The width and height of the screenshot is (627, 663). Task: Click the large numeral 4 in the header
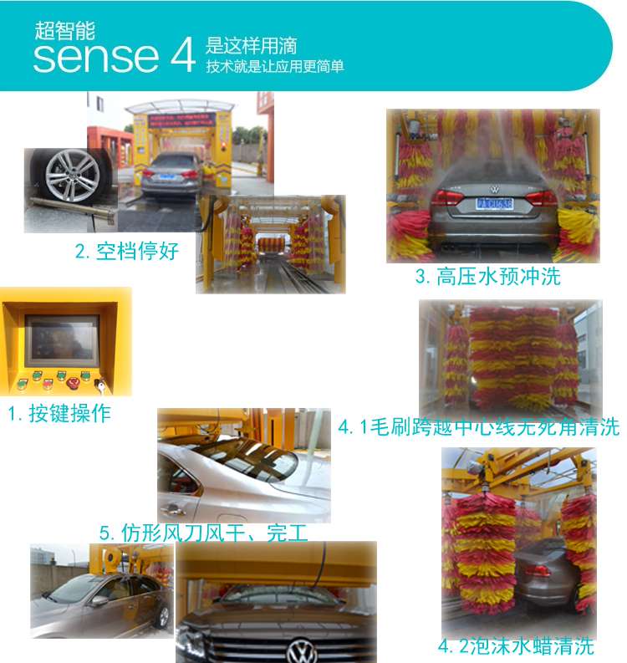pos(183,55)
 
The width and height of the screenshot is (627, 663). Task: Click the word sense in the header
pos(96,57)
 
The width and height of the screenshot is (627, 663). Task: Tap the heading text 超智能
pos(64,30)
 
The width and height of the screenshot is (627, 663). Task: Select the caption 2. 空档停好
pos(127,251)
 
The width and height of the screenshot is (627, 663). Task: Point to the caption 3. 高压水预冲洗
pos(488,277)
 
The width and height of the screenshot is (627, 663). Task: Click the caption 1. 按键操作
pos(59,413)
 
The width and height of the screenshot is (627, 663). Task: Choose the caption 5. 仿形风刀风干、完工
pos(203,533)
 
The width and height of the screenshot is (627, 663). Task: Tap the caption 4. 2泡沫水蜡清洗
pos(516,646)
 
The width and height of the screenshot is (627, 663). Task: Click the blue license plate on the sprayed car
pos(494,204)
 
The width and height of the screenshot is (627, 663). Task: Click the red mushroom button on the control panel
pos(73,384)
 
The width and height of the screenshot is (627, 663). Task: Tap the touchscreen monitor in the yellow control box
pos(62,341)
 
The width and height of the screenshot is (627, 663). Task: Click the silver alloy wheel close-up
pos(73,175)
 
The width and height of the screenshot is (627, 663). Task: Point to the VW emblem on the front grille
pos(302,651)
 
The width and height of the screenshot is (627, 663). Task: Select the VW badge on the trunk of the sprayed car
pos(494,189)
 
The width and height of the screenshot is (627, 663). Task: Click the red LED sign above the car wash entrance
pos(181,120)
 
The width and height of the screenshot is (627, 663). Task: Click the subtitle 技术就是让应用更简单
pos(275,66)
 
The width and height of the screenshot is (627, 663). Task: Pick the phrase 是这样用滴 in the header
pos(252,46)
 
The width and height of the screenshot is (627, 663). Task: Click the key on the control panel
pos(99,385)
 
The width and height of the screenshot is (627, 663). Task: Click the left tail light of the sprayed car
pos(446,198)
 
